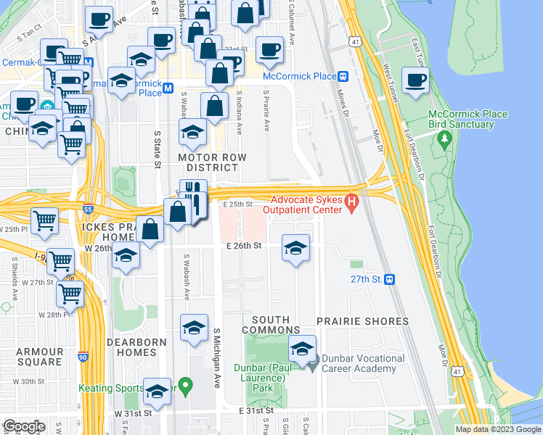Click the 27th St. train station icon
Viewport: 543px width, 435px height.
(x=390, y=279)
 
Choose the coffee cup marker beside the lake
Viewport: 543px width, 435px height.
(x=415, y=80)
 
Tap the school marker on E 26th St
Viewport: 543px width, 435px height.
(x=295, y=249)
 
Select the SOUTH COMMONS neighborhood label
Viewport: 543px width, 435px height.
(x=271, y=325)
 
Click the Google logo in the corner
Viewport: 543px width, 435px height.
(x=24, y=426)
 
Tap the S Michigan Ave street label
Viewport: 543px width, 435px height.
(x=216, y=357)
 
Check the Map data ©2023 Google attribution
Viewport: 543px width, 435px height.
(x=498, y=429)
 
